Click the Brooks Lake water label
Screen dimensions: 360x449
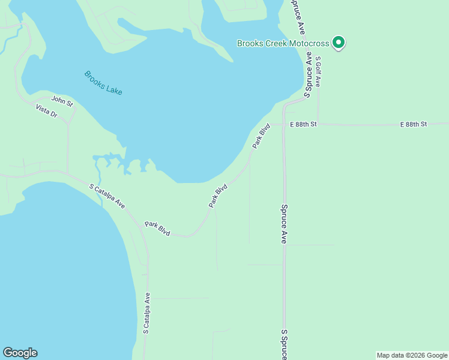pos(103,83)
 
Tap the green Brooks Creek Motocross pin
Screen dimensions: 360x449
pos(339,43)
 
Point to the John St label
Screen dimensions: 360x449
pos(62,101)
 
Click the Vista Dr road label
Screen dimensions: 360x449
pos(46,110)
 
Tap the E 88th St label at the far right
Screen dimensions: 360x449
pos(413,124)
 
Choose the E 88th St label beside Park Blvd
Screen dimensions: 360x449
pos(303,124)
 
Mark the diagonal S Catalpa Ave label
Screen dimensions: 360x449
pos(107,196)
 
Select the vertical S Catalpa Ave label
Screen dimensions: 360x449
pos(146,313)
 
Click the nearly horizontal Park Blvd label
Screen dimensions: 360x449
pos(157,229)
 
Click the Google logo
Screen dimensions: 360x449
pos(20,353)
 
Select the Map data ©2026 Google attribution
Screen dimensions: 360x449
pos(412,355)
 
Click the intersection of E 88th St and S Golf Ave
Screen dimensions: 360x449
pos(318,124)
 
